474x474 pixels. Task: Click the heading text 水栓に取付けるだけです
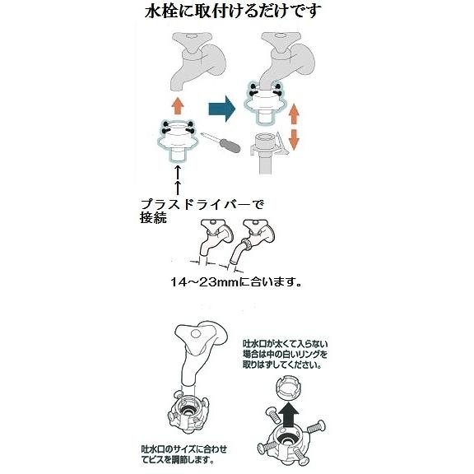click(237, 12)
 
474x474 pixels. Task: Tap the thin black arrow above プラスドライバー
click(178, 179)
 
